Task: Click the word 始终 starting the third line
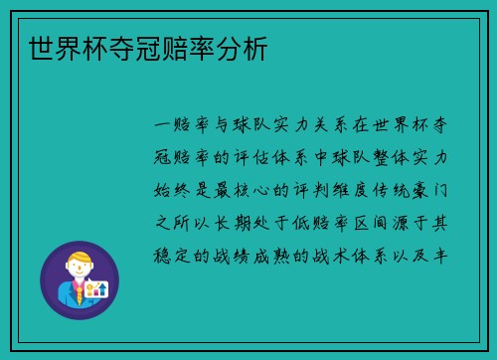tap(174, 190)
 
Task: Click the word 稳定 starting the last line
tap(174, 254)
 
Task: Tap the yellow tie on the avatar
tap(78, 295)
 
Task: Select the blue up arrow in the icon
tap(101, 287)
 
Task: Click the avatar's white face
tap(79, 271)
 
